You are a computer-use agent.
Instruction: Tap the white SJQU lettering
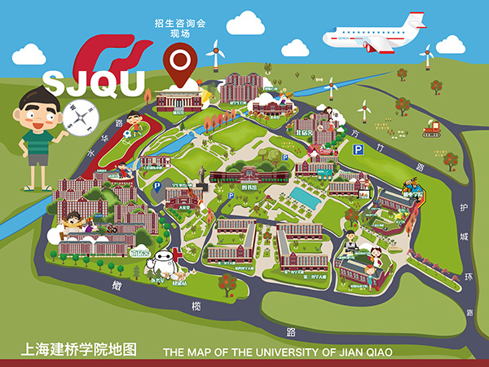pos(93,82)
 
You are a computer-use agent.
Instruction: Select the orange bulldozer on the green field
pos(430,127)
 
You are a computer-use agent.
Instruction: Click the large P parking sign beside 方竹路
pos(357,150)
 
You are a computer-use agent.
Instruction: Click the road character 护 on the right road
pos(463,208)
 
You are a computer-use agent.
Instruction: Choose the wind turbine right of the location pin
pos(216,54)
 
